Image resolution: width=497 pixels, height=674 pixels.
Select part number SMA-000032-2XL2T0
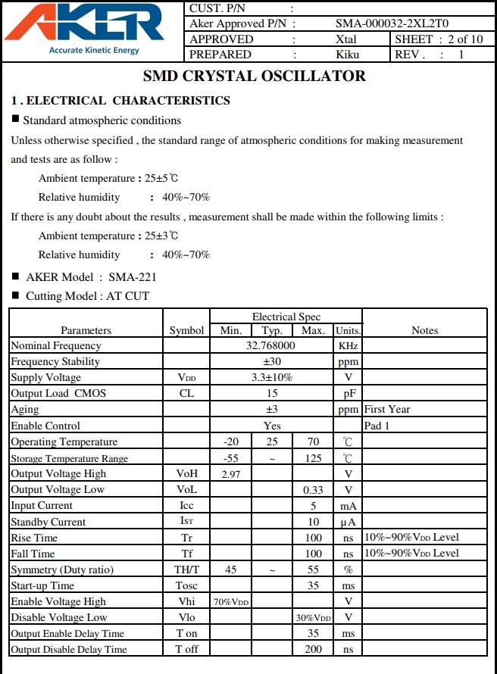click(392, 23)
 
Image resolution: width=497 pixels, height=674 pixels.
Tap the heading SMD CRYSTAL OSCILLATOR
click(255, 76)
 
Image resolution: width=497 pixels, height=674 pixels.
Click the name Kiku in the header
click(347, 55)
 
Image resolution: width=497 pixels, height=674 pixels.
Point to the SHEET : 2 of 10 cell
click(439, 39)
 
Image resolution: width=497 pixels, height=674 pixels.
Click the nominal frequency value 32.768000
click(271, 345)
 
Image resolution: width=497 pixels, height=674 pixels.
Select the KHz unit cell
click(348, 345)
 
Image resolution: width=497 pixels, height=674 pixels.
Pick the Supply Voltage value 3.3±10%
click(271, 377)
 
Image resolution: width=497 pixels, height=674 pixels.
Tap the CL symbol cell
click(186, 393)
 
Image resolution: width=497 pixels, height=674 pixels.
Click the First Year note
click(387, 409)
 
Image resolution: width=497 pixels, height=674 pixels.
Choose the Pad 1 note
click(377, 426)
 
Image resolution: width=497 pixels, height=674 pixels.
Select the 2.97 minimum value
click(231, 474)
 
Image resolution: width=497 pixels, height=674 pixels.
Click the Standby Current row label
click(48, 522)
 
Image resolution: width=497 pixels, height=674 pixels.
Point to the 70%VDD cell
click(231, 602)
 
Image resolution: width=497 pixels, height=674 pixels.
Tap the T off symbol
click(186, 649)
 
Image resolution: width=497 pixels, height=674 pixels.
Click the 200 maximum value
click(313, 649)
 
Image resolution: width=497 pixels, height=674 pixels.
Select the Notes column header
click(424, 330)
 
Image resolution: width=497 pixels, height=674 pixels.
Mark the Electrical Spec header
click(286, 317)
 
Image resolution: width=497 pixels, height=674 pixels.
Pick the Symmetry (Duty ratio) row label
click(61, 569)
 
